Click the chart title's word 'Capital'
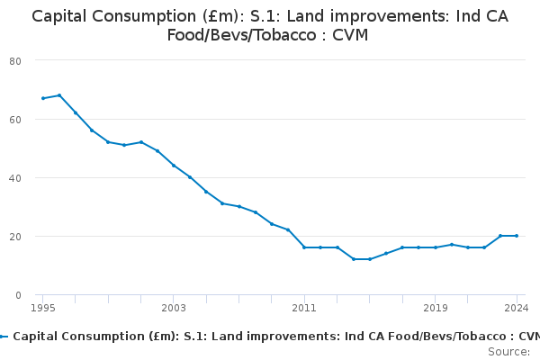click(59, 16)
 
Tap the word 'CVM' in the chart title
click(350, 35)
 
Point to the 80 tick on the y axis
click(15, 61)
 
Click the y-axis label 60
click(15, 120)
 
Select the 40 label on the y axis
click(15, 178)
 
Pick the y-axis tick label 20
click(15, 237)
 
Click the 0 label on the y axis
click(18, 295)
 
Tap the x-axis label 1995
click(42, 308)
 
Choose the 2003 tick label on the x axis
click(174, 308)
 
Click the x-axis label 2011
click(304, 308)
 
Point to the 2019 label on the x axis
click(436, 308)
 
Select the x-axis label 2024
click(517, 308)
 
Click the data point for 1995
click(43, 98)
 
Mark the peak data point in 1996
click(59, 95)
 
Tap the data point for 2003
click(174, 166)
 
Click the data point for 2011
click(304, 247)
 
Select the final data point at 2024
click(517, 236)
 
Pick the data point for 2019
click(436, 247)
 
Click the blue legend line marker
click(4, 337)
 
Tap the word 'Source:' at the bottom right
click(508, 352)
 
